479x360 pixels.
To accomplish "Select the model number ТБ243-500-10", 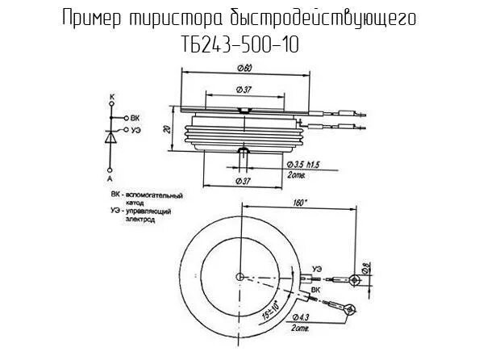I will [240, 45].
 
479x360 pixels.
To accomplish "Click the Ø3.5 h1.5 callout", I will [303, 165].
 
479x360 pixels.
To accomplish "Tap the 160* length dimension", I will [299, 204].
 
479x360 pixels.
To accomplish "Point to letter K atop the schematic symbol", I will [112, 97].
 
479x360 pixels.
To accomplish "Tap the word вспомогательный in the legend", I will [157, 195].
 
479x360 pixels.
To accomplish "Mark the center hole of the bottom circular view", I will [240, 277].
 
